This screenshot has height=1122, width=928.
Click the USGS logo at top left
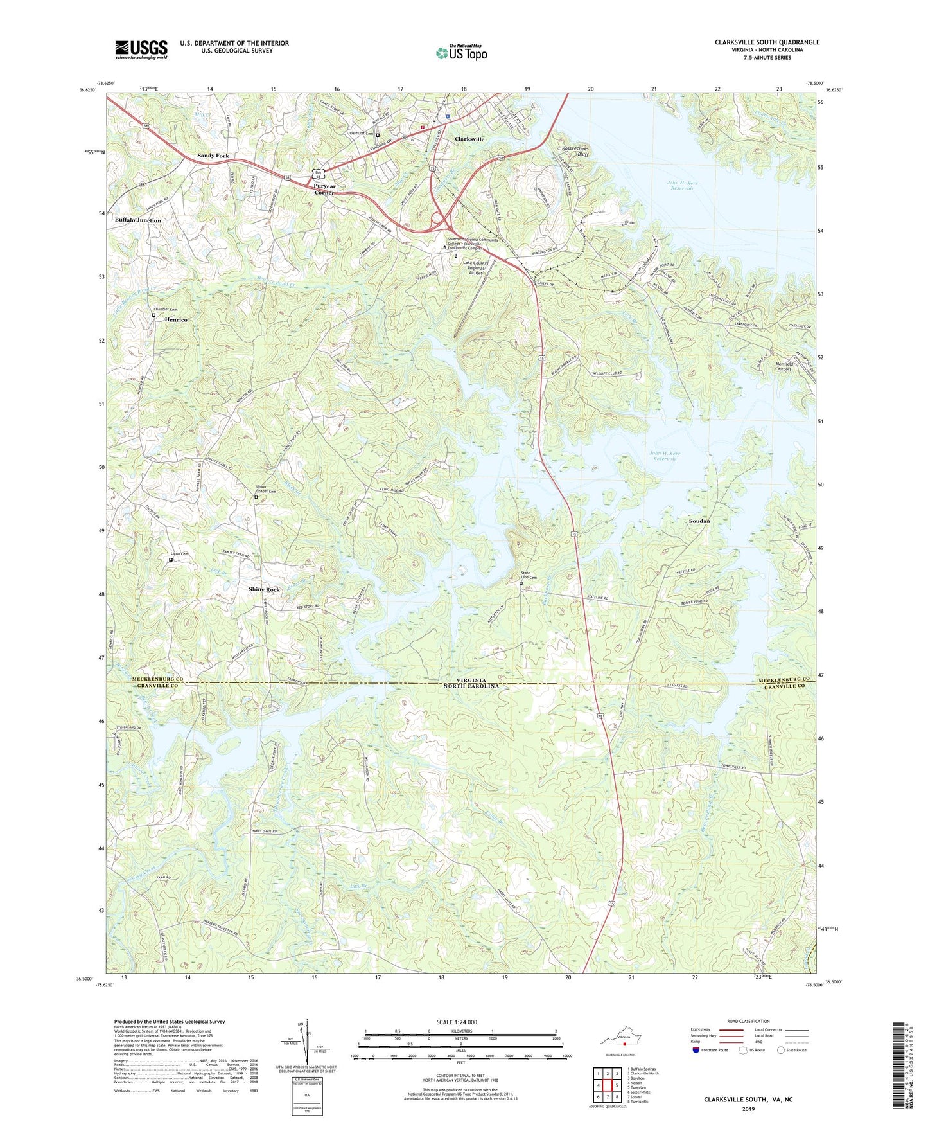141,49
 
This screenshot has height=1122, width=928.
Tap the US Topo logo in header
461,53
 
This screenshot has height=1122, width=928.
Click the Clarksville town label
469,139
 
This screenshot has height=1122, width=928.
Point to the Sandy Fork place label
213,156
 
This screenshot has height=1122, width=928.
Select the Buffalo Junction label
138,220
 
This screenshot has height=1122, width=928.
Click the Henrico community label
176,319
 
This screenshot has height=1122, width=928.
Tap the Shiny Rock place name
264,589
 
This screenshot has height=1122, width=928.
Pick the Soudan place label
699,521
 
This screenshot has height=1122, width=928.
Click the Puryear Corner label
324,189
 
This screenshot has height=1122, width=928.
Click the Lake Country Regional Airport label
476,267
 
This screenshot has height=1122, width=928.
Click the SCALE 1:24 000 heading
456,1022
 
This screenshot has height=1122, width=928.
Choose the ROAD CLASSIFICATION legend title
748,1021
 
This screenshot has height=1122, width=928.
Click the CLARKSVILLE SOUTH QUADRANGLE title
767,42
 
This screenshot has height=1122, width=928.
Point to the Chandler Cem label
164,310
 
